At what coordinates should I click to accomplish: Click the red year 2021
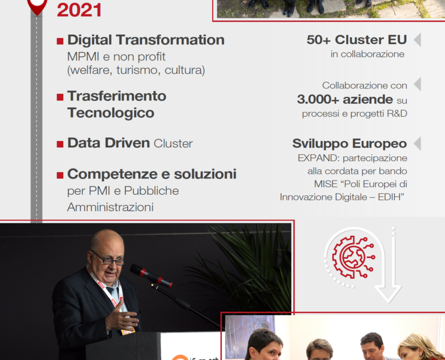pyautogui.click(x=79, y=10)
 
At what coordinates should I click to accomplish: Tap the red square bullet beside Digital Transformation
pyautogui.click(x=60, y=41)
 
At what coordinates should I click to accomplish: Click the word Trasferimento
pyautogui.click(x=116, y=96)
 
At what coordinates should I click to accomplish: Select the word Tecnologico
pyautogui.click(x=111, y=113)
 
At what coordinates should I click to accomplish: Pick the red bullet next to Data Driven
pyautogui.click(x=60, y=144)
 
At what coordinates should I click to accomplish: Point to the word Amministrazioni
pyautogui.click(x=111, y=207)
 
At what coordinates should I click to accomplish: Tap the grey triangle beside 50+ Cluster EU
pyautogui.click(x=417, y=39)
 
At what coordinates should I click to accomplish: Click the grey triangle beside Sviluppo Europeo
pyautogui.click(x=417, y=144)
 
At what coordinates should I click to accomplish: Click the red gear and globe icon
pyautogui.click(x=353, y=257)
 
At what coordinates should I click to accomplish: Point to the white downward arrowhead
pyautogui.click(x=388, y=294)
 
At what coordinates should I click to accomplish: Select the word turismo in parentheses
pyautogui.click(x=137, y=70)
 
